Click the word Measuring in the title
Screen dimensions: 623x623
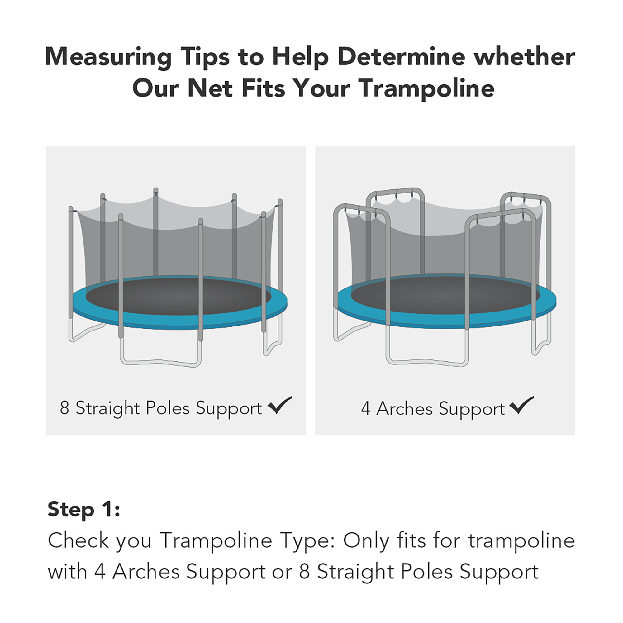108,57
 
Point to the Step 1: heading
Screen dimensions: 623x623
83,510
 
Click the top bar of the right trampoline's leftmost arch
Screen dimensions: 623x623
361,208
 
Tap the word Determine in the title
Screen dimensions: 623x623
402,57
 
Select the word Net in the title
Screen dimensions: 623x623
210,88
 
